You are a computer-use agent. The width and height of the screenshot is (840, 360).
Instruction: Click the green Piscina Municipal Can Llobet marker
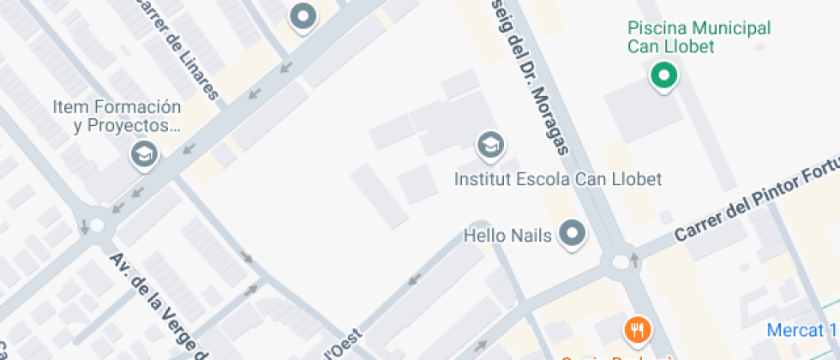pyautogui.click(x=662, y=75)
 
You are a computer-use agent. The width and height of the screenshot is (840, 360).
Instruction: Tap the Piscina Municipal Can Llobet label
pyautogui.click(x=699, y=38)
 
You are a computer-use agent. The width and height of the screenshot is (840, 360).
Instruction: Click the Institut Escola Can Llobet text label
pyautogui.click(x=558, y=180)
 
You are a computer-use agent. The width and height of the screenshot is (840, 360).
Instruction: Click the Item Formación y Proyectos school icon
pyautogui.click(x=142, y=155)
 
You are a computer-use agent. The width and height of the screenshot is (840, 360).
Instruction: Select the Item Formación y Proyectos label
pyautogui.click(x=117, y=117)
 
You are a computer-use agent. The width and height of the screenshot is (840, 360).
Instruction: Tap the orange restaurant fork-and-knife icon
pyautogui.click(x=636, y=329)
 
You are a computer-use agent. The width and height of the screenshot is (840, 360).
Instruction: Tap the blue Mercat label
pyautogui.click(x=801, y=330)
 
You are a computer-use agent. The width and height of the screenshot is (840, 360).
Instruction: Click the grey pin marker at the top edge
pyautogui.click(x=303, y=16)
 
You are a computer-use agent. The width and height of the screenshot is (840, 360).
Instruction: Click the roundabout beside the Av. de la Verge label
pyautogui.click(x=96, y=225)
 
